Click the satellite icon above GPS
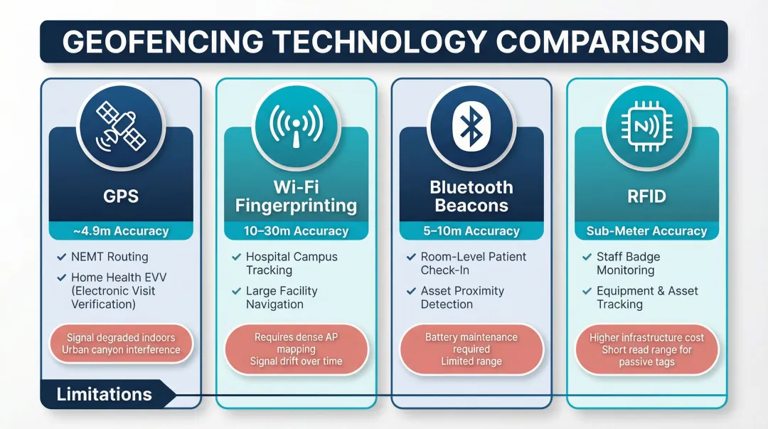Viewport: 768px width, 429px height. point(121,127)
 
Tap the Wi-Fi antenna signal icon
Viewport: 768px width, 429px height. point(296,127)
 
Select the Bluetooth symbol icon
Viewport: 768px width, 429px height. point(471,127)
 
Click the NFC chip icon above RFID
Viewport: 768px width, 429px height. point(646,127)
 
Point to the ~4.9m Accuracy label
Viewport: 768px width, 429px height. point(121,231)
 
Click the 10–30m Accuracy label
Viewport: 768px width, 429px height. point(296,231)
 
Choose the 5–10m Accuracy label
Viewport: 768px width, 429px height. point(471,231)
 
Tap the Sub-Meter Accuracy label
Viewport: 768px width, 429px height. point(646,231)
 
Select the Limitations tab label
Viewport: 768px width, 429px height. point(104,394)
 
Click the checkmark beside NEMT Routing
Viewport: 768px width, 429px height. point(60,257)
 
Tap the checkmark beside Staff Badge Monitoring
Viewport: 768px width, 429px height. point(587,257)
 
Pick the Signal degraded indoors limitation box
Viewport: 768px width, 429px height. point(121,344)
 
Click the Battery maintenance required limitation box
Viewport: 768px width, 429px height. point(471,349)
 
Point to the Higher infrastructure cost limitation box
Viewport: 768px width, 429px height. point(646,349)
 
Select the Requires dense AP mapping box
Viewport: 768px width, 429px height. point(296,349)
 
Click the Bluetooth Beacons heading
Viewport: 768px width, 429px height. point(471,196)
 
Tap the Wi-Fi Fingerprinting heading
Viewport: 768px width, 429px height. point(296,196)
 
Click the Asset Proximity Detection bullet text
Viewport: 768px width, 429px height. point(462,297)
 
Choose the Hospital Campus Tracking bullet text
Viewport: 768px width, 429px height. point(292,263)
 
